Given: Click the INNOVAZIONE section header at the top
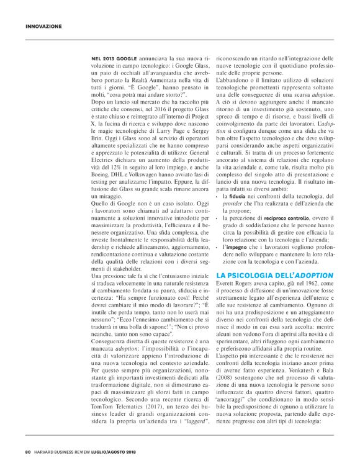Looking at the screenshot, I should click(x=43, y=27).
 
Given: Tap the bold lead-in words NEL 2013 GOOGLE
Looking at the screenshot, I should click(x=109, y=57).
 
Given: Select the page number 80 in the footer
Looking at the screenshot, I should click(x=29, y=451).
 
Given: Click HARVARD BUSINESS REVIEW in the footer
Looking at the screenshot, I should click(x=66, y=451).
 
